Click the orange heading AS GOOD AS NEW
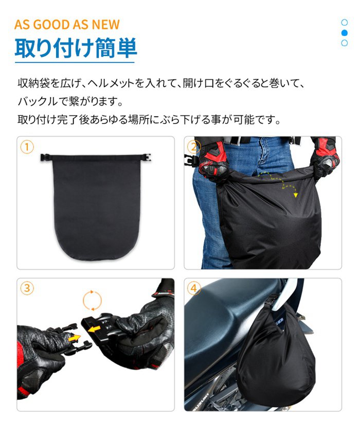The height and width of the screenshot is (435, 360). pyautogui.click(x=67, y=25)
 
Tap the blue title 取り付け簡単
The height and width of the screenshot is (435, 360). pyautogui.click(x=76, y=48)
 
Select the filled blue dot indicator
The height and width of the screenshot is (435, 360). pyautogui.click(x=345, y=33)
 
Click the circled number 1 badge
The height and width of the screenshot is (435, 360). pyautogui.click(x=27, y=147)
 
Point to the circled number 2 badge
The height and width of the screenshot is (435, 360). pyautogui.click(x=194, y=147)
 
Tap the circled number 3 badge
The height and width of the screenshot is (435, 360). pyautogui.click(x=27, y=288)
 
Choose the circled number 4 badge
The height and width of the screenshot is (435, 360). pyautogui.click(x=194, y=288)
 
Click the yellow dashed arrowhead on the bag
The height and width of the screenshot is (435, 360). pyautogui.click(x=296, y=195)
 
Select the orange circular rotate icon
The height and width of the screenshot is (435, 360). pyautogui.click(x=92, y=301)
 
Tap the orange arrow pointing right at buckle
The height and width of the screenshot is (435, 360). pyautogui.click(x=74, y=338)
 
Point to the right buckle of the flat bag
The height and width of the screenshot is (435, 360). pyautogui.click(x=147, y=158)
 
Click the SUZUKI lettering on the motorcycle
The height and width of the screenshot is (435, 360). pyautogui.click(x=204, y=401)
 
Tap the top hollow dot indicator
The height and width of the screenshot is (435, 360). pyautogui.click(x=345, y=22)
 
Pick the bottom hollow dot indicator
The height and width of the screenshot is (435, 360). pyautogui.click(x=345, y=43)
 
